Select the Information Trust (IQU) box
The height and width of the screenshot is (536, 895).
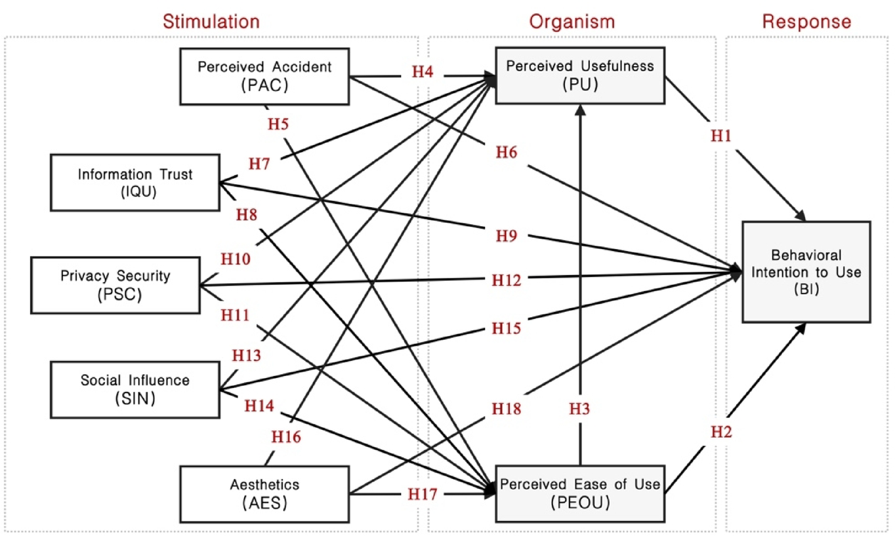pos(135,182)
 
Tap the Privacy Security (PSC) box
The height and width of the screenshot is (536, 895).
pos(115,284)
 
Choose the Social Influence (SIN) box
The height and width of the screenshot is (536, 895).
pos(135,389)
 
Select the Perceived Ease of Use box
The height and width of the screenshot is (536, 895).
pos(579,493)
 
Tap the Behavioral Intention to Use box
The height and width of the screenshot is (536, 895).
pos(806,271)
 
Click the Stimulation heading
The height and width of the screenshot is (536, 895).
pos(211,21)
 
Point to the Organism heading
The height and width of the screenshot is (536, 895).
pos(572,21)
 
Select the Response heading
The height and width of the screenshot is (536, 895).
pos(806,21)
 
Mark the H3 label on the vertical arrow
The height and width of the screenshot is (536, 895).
pos(579,409)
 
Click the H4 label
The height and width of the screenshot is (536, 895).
pos(423,72)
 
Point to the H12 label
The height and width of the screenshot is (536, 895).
pos(507,280)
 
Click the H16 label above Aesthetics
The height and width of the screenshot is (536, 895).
pos(287,436)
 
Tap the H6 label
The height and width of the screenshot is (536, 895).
pos(507,153)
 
